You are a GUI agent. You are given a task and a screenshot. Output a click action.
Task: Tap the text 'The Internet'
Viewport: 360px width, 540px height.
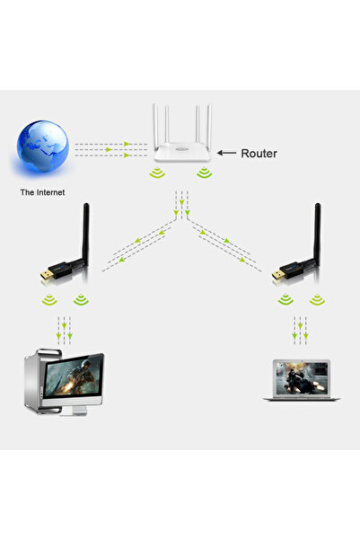tap(41, 192)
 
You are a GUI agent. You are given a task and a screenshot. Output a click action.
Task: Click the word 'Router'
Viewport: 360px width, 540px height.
tap(258, 154)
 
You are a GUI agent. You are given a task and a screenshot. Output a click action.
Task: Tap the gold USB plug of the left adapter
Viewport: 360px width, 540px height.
tap(48, 273)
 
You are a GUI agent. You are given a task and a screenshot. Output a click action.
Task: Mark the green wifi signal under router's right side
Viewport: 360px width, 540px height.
tap(205, 173)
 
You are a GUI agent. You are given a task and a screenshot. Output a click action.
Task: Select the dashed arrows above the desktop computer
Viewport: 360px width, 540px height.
tap(63, 329)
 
